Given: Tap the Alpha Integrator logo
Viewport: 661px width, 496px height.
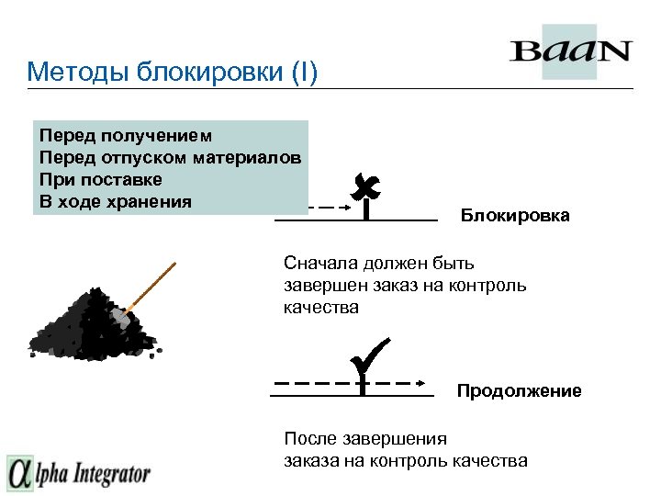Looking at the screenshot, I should (79, 474).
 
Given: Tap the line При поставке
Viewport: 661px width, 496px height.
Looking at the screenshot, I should (100, 179).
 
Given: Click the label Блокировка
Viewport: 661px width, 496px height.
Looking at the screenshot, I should (515, 216).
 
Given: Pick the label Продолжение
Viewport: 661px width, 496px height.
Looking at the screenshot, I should (520, 391).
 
